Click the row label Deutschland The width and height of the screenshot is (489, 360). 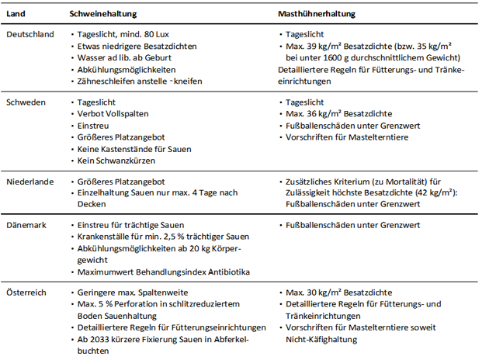(x=29, y=35)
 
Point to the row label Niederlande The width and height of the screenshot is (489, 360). (x=29, y=181)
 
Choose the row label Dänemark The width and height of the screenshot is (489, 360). (x=26, y=225)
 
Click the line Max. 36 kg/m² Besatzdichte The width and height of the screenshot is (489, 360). (x=339, y=114)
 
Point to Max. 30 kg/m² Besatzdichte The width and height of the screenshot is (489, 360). (x=339, y=292)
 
